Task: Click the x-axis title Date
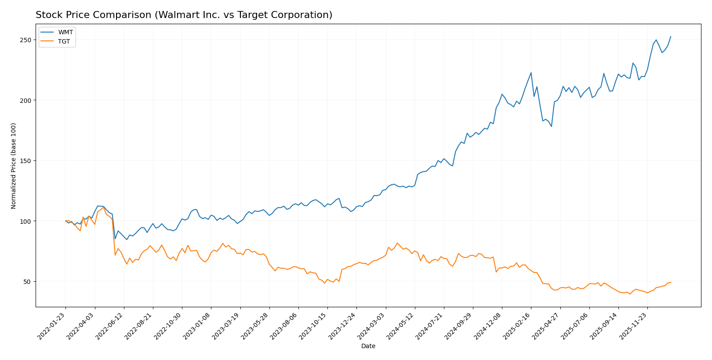[368, 346]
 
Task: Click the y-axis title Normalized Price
[14, 166]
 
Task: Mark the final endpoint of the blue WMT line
[671, 36]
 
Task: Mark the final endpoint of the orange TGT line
[671, 283]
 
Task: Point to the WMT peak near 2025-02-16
[531, 73]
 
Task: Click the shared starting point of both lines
[65, 221]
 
